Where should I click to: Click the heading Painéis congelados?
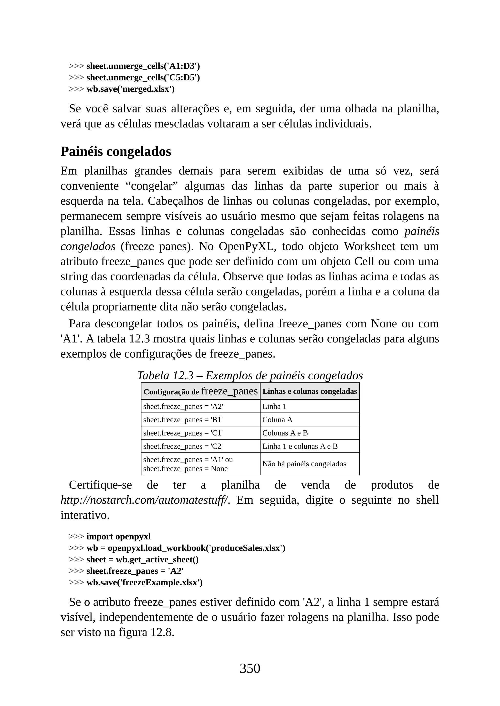tap(116, 152)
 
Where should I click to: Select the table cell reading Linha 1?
tap(274, 406)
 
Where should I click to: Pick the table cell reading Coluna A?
tap(277, 420)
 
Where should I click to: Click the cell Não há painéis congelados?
tap(304, 464)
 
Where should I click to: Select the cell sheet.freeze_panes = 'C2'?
tap(183, 446)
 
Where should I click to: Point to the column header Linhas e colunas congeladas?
tap(309, 392)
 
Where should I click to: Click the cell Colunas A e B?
tap(285, 433)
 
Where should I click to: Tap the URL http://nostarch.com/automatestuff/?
tap(145, 500)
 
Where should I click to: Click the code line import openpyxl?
tap(118, 537)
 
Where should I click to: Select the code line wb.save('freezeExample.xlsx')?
tap(144, 582)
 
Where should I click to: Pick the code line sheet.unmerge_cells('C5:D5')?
tap(143, 78)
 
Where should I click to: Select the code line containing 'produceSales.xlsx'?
tap(186, 548)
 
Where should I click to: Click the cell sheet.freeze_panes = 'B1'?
tap(183, 420)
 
